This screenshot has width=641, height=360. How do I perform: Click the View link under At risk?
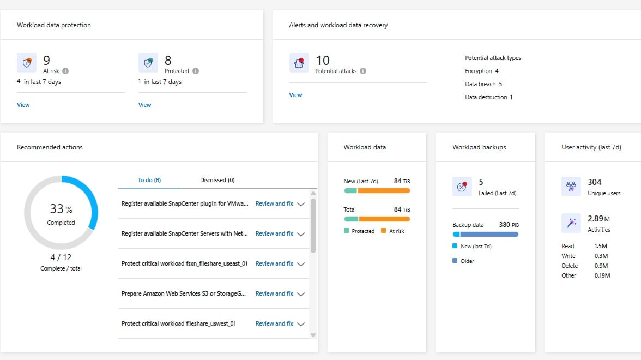pos(23,105)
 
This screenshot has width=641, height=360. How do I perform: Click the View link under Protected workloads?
pos(145,105)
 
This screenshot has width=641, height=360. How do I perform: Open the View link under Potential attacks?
pos(295,95)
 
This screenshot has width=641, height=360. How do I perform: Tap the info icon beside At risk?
pos(65,71)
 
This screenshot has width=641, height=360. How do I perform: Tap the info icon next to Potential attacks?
pos(363,71)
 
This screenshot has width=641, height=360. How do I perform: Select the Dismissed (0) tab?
pos(217,180)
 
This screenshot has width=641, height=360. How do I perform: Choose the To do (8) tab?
pos(149,180)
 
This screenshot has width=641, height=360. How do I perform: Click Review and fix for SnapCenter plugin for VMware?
pos(274,204)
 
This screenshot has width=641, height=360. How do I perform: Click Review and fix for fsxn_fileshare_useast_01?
pos(274,264)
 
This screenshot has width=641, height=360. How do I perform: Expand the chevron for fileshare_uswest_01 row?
pos(301,324)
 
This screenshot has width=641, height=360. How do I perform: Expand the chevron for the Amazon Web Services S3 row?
pos(301,294)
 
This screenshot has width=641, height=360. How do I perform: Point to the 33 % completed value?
pos(61,209)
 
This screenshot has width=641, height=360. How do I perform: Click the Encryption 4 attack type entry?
pos(482,71)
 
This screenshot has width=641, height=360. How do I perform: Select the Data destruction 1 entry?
pos(488,97)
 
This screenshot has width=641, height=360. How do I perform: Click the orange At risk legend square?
pos(384,231)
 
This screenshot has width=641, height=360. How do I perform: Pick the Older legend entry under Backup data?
pos(463,261)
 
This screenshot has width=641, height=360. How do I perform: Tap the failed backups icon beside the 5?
pos(462,187)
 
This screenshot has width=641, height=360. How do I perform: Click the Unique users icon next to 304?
pos(571,187)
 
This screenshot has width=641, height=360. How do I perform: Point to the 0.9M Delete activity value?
pos(601,266)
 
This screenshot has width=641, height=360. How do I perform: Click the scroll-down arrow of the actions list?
pos(313,335)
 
